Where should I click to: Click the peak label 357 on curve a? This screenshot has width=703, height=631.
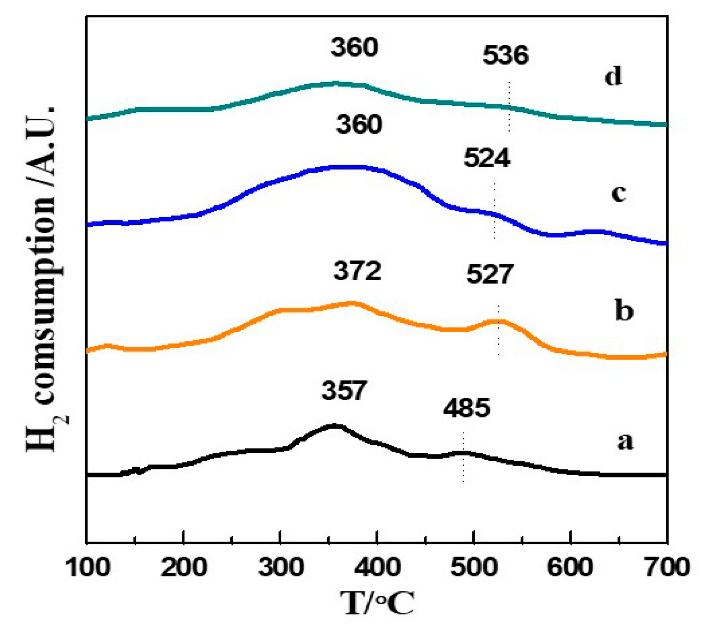[x=344, y=391]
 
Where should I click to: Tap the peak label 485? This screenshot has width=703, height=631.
[x=466, y=407]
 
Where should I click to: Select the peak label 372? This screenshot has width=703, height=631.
[x=357, y=271]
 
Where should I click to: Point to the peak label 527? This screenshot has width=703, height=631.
[x=490, y=274]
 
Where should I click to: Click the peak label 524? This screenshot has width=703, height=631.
[x=487, y=158]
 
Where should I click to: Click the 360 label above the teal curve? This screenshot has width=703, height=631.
[x=354, y=47]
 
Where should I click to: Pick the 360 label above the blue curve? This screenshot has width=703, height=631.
[x=359, y=124]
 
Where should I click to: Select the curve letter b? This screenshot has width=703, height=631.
[x=624, y=311]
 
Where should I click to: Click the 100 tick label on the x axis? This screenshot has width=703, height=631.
[x=87, y=567]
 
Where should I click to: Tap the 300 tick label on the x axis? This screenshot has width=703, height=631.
[x=280, y=567]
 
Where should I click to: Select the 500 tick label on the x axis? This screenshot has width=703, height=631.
[x=474, y=567]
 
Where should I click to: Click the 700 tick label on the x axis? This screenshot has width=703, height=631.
[x=666, y=567]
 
